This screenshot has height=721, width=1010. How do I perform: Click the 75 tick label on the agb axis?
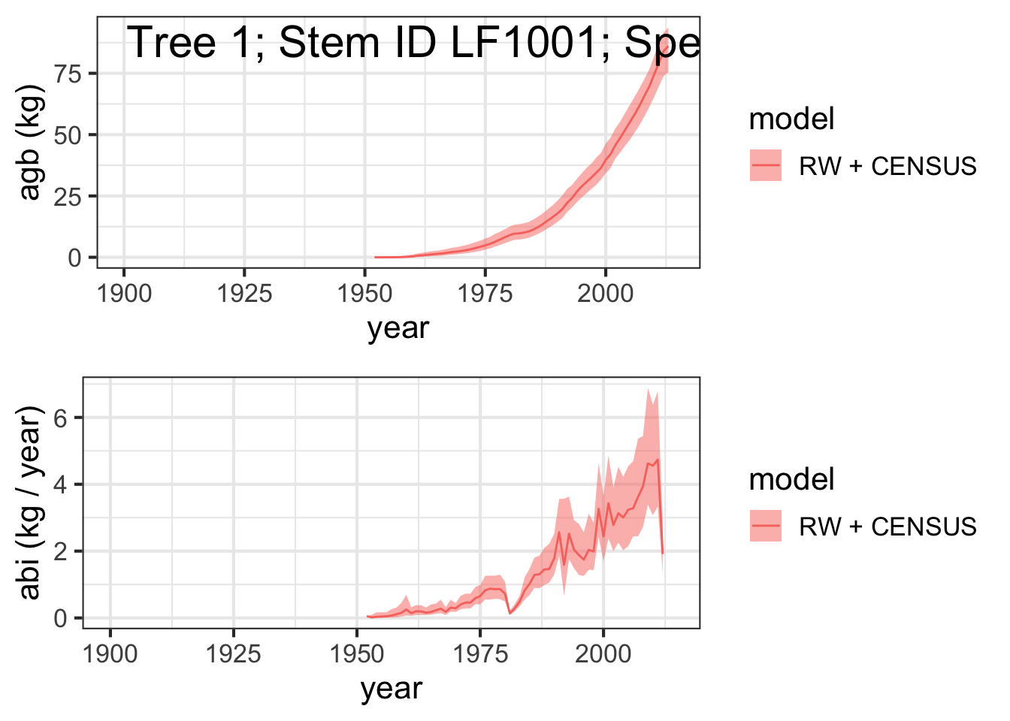tap(68, 74)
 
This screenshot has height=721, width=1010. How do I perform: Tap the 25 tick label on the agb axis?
tap(68, 197)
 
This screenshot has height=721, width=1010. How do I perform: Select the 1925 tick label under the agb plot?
tap(244, 294)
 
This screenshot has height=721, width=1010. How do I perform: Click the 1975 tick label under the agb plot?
tap(485, 294)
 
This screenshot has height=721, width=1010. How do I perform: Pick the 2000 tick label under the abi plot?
tap(603, 654)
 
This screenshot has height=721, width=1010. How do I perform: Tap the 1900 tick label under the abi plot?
tap(110, 654)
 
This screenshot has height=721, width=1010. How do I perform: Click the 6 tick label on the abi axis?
tap(60, 418)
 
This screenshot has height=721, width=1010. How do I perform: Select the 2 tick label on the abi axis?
tap(60, 551)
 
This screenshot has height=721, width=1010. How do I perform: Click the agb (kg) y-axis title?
tap(31, 142)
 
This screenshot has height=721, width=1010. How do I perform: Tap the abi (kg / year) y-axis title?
tap(31, 502)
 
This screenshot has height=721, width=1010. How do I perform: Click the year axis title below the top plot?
tap(398, 329)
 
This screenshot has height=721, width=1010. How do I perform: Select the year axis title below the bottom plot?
tap(392, 689)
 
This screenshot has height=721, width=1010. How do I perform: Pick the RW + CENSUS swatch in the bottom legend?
tap(766, 526)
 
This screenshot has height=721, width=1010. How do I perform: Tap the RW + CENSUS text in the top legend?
tap(888, 166)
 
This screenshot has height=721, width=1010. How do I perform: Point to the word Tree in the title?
tap(172, 42)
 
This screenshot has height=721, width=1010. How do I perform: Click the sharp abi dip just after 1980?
tap(510, 614)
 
